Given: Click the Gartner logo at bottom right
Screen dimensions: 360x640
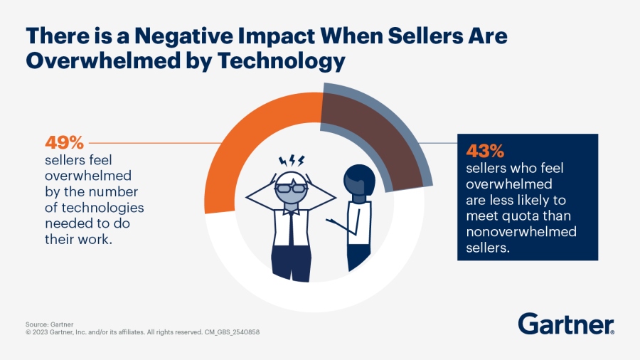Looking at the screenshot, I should (x=566, y=324).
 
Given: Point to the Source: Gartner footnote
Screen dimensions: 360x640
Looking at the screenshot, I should (x=48, y=324).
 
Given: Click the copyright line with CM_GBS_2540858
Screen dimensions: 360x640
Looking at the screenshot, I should (x=143, y=332).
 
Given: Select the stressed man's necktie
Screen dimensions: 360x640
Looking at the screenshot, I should (x=292, y=228).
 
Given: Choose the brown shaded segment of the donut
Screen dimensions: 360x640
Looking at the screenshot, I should (x=363, y=135).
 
